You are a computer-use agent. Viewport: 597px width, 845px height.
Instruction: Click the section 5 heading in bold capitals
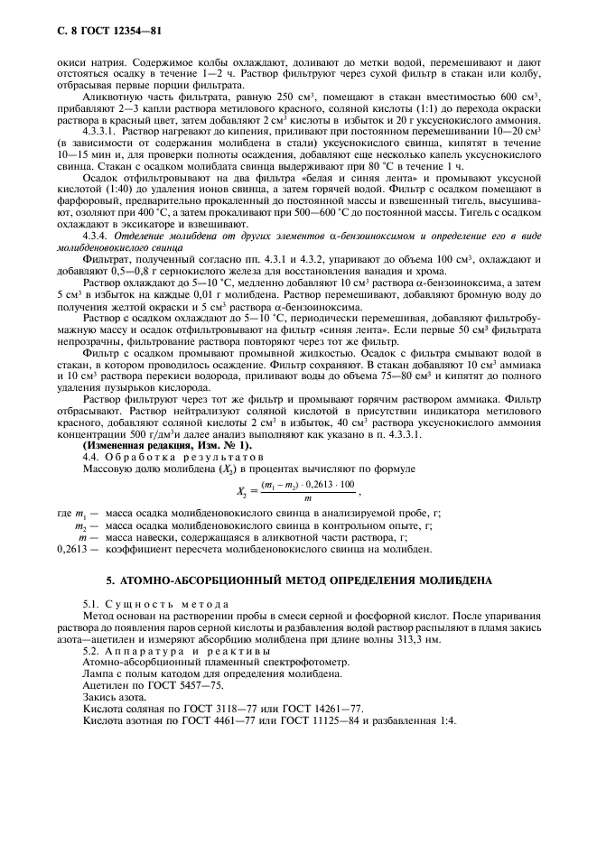coord(299,580)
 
